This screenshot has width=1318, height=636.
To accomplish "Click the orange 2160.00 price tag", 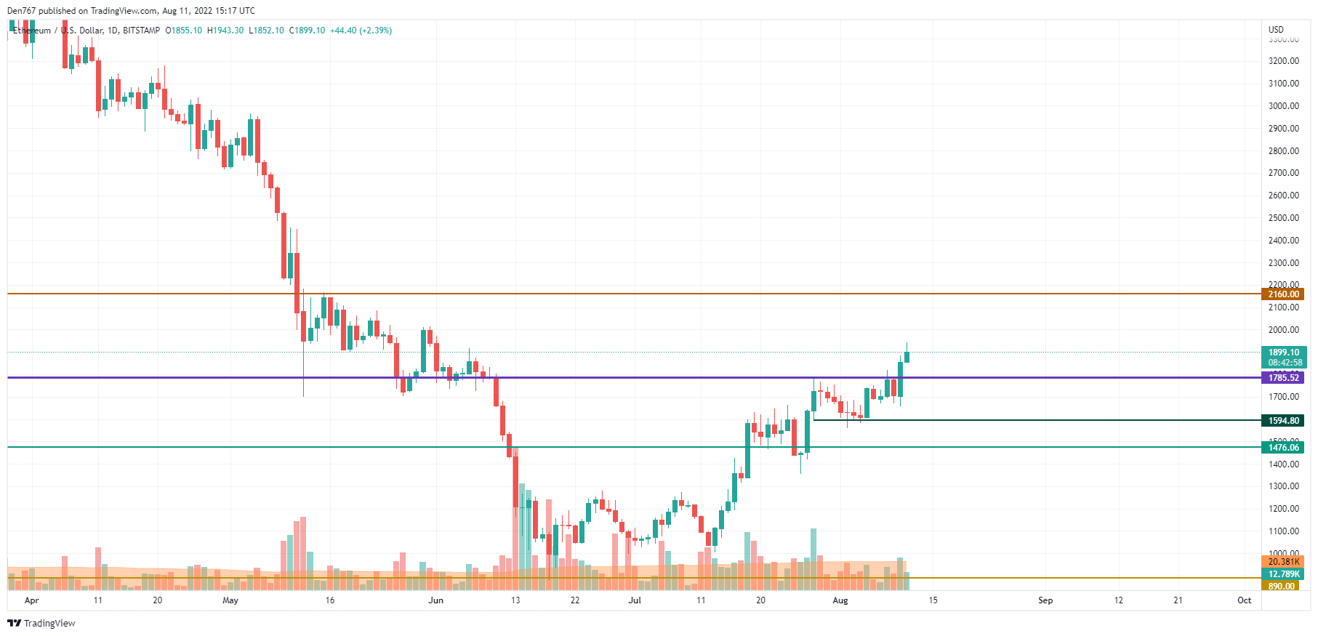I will pos(1283,294).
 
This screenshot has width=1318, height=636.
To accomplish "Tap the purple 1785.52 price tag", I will pos(1283,378).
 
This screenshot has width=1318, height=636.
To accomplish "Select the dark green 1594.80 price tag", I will pos(1283,421).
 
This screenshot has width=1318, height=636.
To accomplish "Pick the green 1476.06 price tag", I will pos(1283,448).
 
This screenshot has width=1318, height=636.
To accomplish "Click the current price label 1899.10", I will pos(1283,353).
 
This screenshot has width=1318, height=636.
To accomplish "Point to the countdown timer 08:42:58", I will pos(1285,363).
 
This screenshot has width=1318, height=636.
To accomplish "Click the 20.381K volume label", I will pos(1283,562).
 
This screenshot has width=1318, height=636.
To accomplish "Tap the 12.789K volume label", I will pos(1283,574).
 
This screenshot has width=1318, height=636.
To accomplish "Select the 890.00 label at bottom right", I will pos(1281,586).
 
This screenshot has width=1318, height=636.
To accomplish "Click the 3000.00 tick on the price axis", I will pos(1283,106).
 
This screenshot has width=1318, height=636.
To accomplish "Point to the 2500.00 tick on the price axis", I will pos(1283,218).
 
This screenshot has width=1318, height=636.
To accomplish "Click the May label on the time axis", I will pos(230,600).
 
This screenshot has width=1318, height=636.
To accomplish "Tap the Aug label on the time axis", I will pos(840,600).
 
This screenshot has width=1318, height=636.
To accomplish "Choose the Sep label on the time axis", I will pos(1045,600).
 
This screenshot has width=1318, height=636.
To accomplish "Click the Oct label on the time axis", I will pos(1245,600).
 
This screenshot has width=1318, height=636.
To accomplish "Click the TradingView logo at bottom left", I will pos(41,623).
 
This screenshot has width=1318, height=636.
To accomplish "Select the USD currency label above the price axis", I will pos(1276,30).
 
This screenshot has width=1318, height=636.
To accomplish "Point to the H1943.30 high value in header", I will pos(225,31).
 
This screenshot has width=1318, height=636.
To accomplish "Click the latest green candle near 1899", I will pos(907,357).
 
